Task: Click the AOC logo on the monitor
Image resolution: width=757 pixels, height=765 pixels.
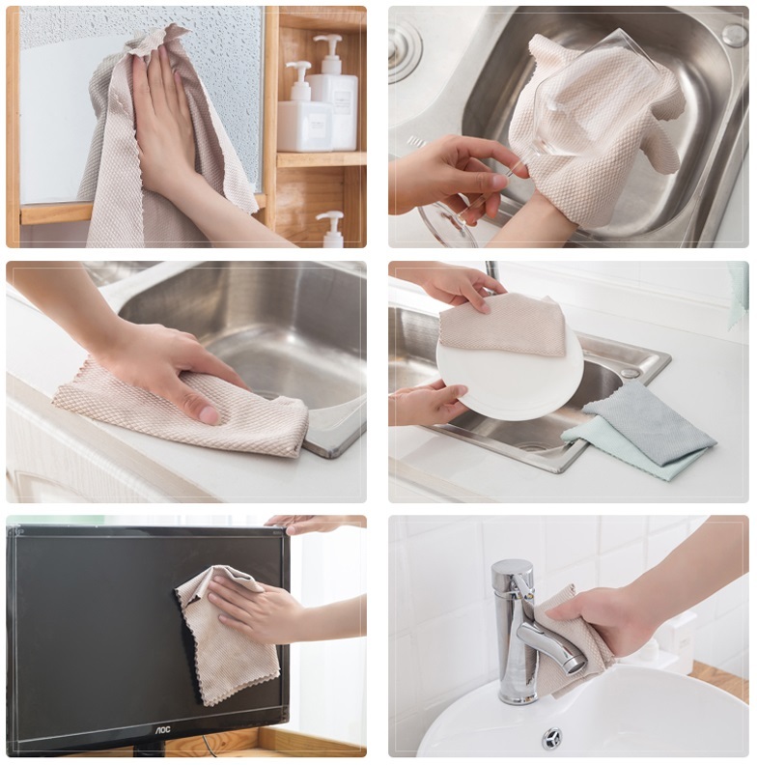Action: (x=163, y=729)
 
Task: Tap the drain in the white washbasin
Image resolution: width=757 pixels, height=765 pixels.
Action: (x=551, y=738)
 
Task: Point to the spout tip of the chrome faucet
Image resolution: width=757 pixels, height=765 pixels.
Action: (x=578, y=665)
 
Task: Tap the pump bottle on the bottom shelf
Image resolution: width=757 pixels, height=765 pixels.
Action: (x=333, y=229)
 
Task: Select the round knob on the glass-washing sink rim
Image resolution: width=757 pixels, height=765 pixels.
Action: (x=735, y=36)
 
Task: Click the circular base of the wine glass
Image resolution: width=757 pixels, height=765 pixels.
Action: (x=446, y=222)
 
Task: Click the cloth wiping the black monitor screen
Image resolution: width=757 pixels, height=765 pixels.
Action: (x=227, y=635)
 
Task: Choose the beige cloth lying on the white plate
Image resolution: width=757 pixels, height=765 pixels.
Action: (x=502, y=324)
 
